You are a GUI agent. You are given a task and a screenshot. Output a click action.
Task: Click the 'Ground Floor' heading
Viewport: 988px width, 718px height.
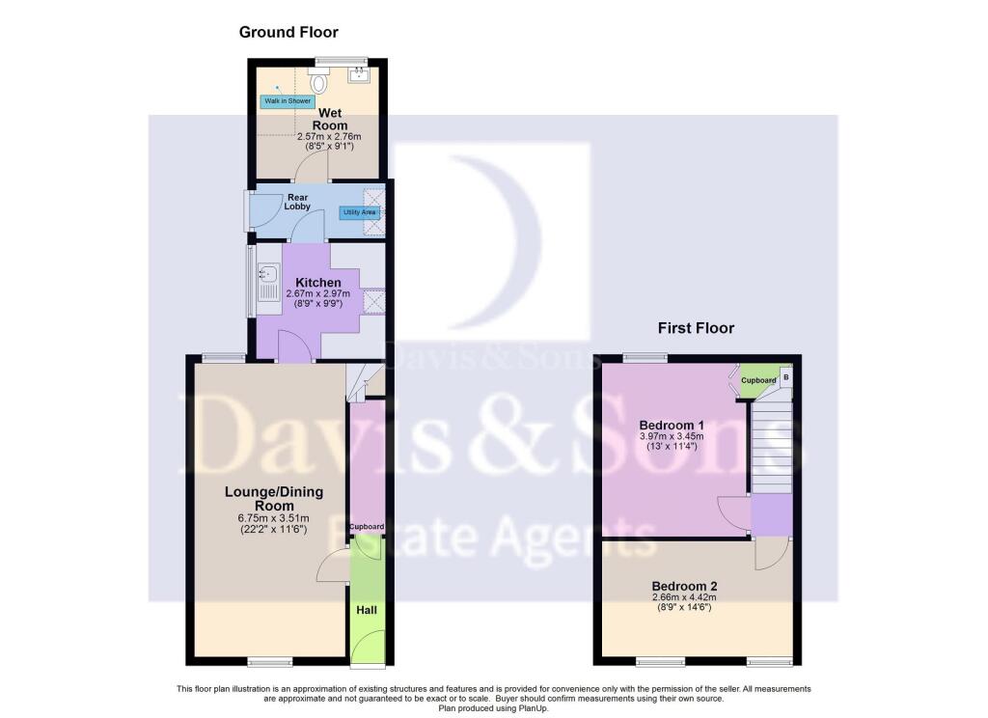coord(288,32)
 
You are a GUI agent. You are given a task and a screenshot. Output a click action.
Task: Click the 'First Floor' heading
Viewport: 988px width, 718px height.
coord(696,328)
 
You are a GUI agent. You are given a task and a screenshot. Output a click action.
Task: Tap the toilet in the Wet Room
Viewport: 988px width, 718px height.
coord(318,81)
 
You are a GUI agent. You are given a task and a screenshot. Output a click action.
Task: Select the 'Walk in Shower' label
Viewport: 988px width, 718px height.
coord(288,101)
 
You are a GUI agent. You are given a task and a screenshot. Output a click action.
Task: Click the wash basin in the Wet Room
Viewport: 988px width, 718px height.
coord(359,75)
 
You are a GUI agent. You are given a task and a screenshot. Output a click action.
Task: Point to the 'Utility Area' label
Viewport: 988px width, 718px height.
coord(359,212)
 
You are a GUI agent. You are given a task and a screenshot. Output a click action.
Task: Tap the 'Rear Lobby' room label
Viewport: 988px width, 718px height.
coord(297,202)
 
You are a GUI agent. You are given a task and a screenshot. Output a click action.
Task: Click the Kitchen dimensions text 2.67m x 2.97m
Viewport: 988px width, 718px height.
coord(318,293)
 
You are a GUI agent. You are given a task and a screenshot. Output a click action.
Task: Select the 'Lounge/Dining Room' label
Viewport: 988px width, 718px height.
coord(274,499)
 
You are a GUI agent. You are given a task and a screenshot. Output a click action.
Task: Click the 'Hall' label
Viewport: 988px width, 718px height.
coord(367,610)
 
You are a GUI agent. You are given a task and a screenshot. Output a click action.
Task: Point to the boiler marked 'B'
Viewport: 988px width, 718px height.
coord(785,377)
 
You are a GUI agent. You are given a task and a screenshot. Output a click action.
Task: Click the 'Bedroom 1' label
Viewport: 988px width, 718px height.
coord(672,425)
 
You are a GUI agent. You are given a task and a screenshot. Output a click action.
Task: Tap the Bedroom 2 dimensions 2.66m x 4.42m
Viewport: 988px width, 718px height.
coord(684,597)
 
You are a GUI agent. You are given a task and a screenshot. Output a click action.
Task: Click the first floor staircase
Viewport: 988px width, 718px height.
coord(771,447)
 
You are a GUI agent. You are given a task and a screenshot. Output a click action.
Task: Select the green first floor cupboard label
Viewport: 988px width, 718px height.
coord(758,381)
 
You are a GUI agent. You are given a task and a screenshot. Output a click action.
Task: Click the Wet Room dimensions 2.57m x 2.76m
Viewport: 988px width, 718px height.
coord(330,136)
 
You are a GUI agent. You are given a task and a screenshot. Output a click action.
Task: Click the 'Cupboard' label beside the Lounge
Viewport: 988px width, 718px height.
coord(367,526)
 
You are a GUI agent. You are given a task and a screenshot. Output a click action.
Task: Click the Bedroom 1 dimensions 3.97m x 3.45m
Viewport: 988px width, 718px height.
coord(672,436)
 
